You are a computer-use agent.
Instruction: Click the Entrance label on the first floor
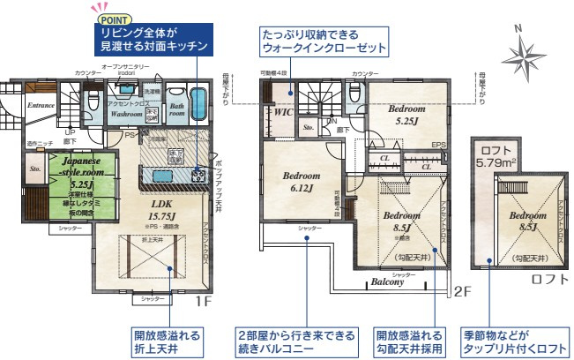pos(41,106)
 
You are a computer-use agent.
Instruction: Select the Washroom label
pos(127,114)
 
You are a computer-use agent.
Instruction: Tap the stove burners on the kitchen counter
pos(198,175)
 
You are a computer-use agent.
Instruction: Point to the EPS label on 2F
pos(438,146)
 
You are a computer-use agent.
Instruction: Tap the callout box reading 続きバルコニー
pos(297,341)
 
